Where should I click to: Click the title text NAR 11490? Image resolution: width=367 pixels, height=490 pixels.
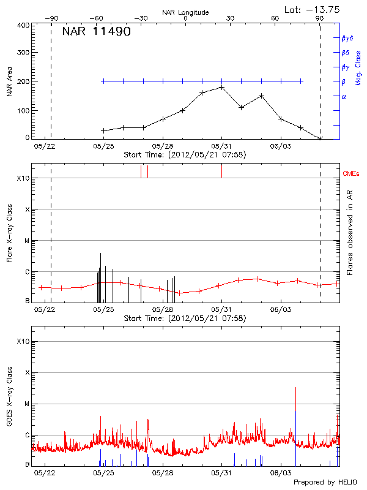(x=96, y=32)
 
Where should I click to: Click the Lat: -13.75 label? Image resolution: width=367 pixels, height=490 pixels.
(x=313, y=9)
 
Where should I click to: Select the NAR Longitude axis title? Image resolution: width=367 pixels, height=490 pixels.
(x=185, y=12)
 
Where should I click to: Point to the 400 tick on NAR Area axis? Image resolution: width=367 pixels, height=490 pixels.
(x=23, y=26)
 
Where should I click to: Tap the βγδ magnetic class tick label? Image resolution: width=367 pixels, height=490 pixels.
(x=347, y=38)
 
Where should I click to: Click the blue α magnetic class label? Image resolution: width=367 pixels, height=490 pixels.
(x=344, y=96)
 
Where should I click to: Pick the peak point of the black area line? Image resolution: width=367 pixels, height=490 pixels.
(x=221, y=87)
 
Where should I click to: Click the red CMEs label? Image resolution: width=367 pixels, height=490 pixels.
(x=352, y=174)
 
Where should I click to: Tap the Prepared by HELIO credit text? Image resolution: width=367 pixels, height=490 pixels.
(x=325, y=483)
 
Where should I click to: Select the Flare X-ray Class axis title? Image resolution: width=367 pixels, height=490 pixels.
(x=9, y=232)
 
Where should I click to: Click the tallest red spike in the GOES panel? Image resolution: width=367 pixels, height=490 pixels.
(x=295, y=388)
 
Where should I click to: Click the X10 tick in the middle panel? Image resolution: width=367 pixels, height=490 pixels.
(x=23, y=178)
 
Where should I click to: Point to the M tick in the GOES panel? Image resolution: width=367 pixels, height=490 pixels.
(x=27, y=404)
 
